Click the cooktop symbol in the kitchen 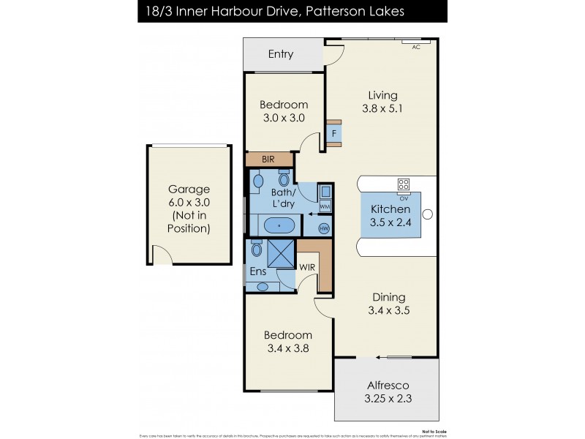[x=403, y=184]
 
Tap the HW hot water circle [x=324, y=228]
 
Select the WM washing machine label [x=325, y=207]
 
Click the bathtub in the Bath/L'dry [x=279, y=225]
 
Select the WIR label [x=307, y=266]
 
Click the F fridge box [x=334, y=134]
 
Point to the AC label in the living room [x=416, y=47]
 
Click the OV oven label [x=404, y=198]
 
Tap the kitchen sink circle [x=429, y=214]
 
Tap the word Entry [x=281, y=54]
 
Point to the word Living [x=382, y=95]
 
